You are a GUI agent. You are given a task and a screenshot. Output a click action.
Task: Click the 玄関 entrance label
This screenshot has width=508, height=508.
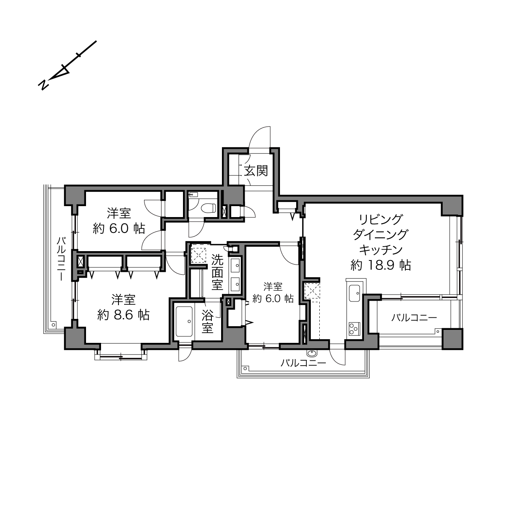click(256, 171)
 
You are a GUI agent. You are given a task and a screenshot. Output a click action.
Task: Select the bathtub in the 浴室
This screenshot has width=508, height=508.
click(184, 321)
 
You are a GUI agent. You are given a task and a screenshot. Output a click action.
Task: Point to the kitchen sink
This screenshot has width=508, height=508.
click(355, 293)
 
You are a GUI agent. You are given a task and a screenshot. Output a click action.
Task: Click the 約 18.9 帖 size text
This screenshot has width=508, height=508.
click(381, 265)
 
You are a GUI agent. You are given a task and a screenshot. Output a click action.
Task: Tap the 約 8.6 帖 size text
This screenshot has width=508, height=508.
click(123, 315)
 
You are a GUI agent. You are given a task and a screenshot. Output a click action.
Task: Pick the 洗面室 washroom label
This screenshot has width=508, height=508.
click(217, 272)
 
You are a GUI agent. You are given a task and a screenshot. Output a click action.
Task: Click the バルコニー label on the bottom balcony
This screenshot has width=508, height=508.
click(303, 363)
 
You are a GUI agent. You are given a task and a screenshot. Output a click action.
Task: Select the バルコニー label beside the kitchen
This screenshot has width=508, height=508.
click(414, 318)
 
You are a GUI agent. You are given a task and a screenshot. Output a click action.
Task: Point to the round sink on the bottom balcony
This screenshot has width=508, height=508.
click(312, 353)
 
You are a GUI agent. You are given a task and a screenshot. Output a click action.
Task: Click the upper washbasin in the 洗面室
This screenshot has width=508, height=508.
click(235, 265)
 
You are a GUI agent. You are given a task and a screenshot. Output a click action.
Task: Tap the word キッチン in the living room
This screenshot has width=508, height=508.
click(381, 250)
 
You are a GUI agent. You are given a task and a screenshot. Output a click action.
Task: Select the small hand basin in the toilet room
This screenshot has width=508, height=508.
click(193, 194)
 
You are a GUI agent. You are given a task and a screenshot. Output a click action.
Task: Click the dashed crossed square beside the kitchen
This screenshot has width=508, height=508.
click(312, 291)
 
